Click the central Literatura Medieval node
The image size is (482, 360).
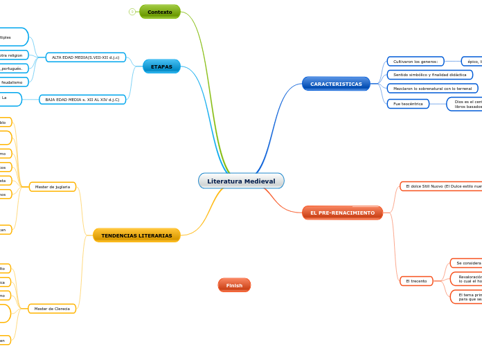[241, 181]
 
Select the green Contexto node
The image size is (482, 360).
[160, 12]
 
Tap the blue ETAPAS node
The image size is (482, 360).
[161, 66]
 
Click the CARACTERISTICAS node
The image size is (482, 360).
[336, 84]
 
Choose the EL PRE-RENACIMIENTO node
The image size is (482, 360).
[342, 213]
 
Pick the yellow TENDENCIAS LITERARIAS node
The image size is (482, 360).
[136, 235]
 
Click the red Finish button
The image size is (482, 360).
[234, 285]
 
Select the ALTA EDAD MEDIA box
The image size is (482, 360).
[86, 57]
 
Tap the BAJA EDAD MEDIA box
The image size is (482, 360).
[82, 100]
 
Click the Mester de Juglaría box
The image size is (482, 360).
[53, 187]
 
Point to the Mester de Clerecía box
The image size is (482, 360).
[52, 309]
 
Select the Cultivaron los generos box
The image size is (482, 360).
[416, 62]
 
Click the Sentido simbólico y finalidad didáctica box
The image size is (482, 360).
[429, 75]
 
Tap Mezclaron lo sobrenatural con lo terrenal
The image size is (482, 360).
[432, 89]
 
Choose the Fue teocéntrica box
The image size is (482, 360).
[408, 104]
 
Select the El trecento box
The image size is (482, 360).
[416, 281]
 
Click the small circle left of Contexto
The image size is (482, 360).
[132, 12]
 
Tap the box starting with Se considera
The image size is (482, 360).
[467, 263]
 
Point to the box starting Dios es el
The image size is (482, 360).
[465, 104]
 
